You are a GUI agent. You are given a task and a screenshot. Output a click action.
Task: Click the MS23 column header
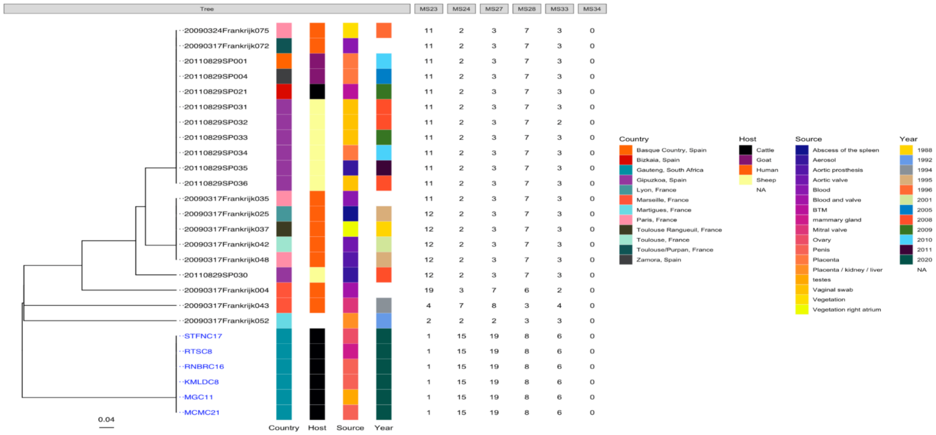pos(428,9)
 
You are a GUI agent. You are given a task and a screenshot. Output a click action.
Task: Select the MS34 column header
pos(592,9)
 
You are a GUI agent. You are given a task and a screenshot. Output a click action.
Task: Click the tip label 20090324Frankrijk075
pos(226,31)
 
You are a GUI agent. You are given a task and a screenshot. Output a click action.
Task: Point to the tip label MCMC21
pos(202,412)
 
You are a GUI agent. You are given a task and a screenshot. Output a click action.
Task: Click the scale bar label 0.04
pos(106,419)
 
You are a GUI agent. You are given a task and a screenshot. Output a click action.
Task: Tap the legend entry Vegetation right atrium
pos(846,310)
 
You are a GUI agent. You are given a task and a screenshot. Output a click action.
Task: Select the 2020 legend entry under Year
pos(924,260)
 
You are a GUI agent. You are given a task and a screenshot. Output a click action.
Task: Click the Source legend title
pos(808,139)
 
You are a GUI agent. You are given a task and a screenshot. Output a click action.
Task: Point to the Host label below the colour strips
pos(317,428)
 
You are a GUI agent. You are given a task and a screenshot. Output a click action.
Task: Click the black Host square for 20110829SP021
pos(317,91)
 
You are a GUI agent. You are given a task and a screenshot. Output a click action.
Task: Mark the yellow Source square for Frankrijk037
pos(350,229)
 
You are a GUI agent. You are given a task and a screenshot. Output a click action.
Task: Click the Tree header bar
pos(207,9)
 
